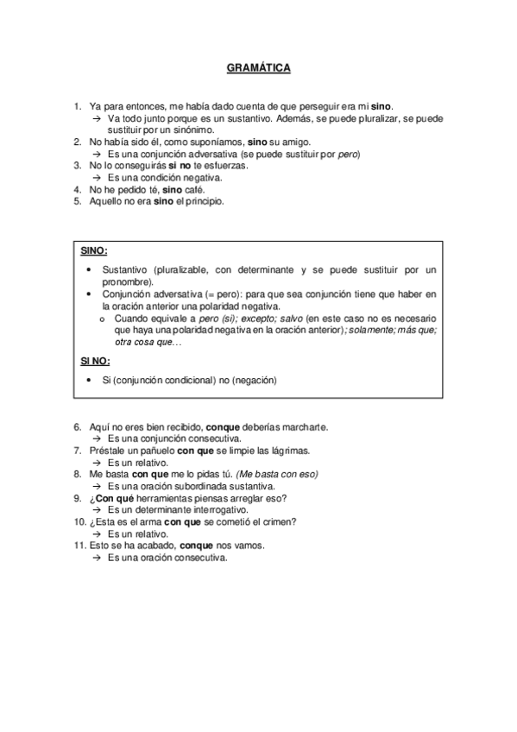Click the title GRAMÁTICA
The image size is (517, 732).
pyautogui.click(x=258, y=66)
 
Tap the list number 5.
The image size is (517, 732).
pyautogui.click(x=78, y=201)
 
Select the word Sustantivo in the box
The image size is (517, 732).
pyautogui.click(x=124, y=270)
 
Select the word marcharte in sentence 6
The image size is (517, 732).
pyautogui.click(x=305, y=427)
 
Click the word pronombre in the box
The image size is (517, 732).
pyautogui.click(x=127, y=281)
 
